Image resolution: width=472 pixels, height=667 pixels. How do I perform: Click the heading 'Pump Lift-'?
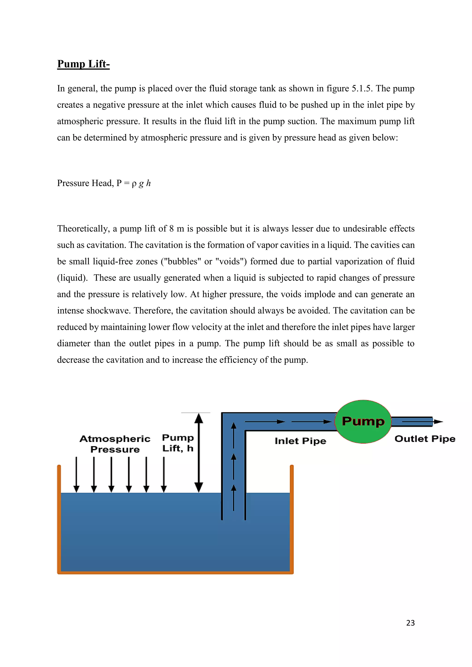(83, 64)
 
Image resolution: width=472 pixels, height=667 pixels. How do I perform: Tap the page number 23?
(410, 623)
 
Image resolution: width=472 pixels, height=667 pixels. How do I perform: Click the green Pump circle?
(363, 421)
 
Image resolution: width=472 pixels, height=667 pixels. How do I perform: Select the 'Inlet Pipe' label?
(300, 441)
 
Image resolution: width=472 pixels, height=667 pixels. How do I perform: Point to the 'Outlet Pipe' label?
(425, 439)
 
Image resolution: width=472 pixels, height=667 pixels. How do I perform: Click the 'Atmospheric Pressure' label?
(115, 444)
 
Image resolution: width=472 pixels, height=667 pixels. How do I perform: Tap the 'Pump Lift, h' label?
(178, 443)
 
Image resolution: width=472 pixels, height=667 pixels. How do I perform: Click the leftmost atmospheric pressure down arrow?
(77, 475)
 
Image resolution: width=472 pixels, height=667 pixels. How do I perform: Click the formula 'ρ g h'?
(141, 183)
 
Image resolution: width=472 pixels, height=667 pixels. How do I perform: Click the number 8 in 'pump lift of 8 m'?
(171, 229)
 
